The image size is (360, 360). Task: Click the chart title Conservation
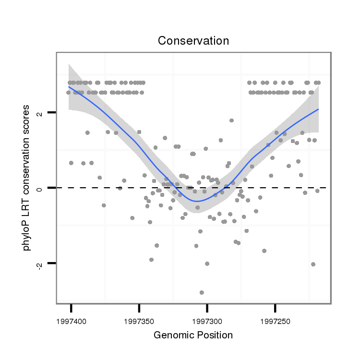193,41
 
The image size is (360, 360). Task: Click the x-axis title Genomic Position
193,335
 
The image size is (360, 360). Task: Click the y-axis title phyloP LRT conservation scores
30,179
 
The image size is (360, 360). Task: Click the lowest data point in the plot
202,292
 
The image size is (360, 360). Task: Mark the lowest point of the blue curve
196,201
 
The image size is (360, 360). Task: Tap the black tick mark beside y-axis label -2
51,263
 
